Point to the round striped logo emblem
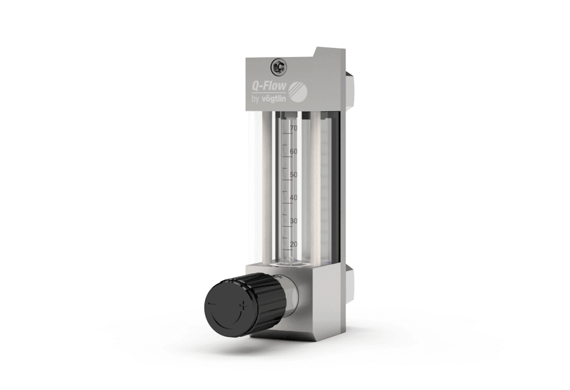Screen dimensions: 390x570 (300, 90)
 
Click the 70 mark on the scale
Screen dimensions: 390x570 (293, 128)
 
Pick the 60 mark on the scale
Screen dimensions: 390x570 (293, 152)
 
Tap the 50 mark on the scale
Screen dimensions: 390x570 (293, 174)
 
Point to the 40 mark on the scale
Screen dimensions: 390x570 (293, 198)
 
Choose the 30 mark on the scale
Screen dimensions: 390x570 (293, 221)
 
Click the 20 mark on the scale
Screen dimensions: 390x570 (293, 244)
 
